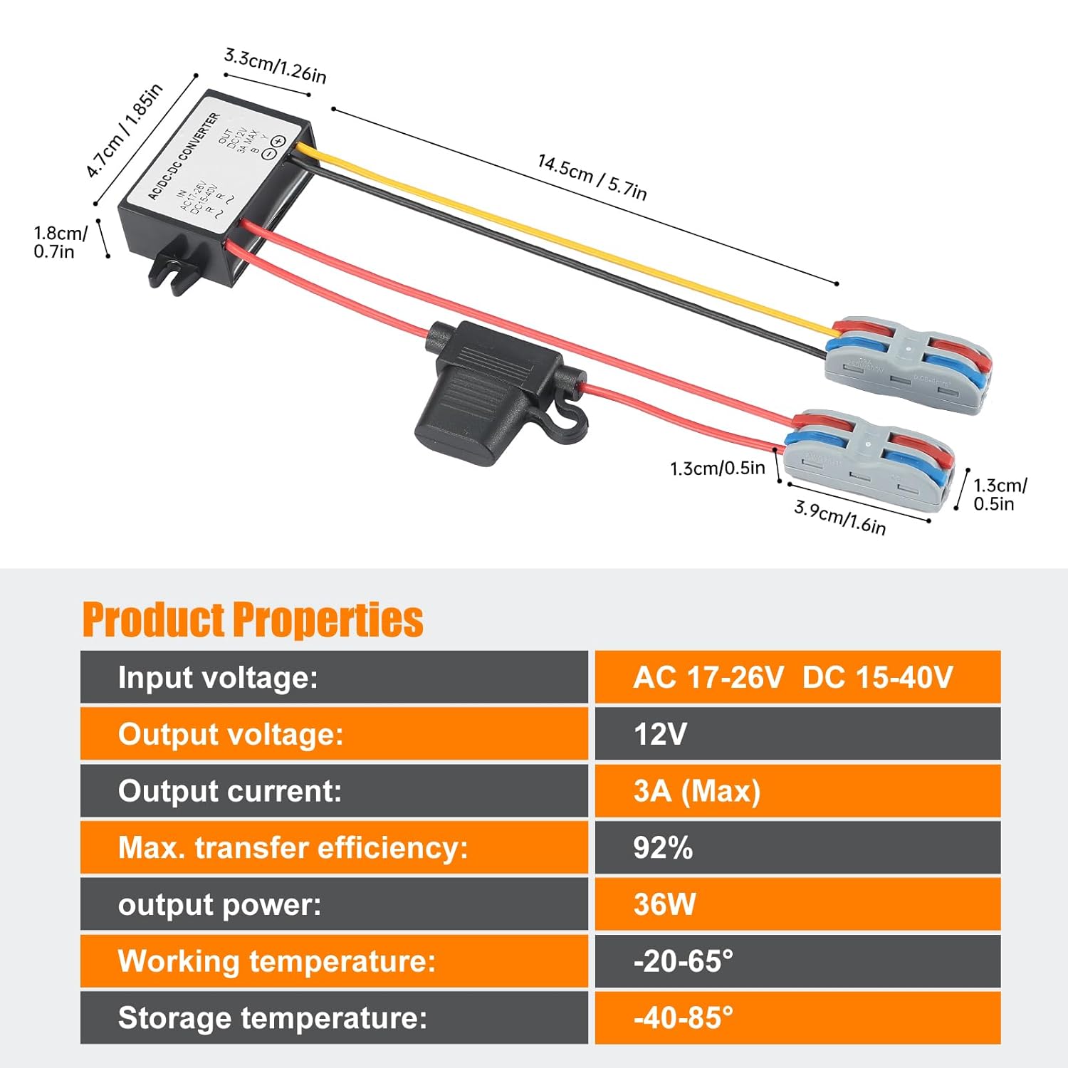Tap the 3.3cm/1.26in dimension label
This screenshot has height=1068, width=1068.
point(275,66)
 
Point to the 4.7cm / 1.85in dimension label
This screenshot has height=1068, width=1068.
point(125,130)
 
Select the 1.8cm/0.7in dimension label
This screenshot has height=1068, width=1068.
point(61,242)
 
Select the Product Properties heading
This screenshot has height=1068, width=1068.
point(253,619)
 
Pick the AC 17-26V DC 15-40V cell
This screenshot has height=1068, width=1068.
point(793,677)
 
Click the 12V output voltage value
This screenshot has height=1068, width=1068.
point(660,734)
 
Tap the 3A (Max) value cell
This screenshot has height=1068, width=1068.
point(697,791)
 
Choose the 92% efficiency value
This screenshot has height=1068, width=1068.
point(663,848)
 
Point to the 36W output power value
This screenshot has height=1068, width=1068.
point(664,904)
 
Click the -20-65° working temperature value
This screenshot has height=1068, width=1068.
point(683,961)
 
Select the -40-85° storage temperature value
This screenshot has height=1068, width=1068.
point(683,1018)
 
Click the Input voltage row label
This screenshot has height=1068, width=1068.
point(218,677)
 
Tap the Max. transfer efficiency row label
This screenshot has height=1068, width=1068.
point(293,848)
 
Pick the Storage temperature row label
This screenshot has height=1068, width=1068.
point(272,1018)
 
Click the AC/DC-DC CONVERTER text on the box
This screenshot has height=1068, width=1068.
point(184,157)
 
